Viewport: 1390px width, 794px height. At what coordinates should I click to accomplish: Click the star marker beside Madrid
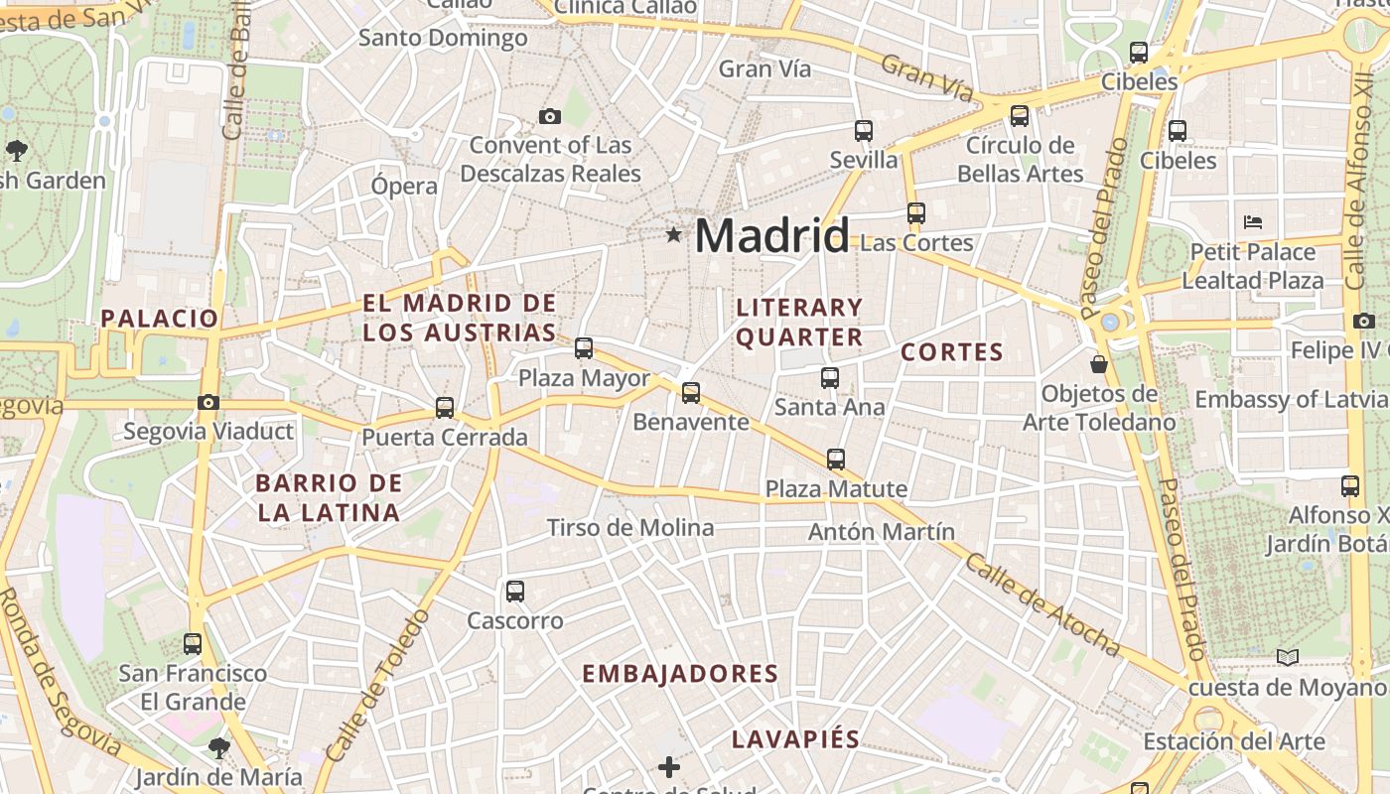pos(674,235)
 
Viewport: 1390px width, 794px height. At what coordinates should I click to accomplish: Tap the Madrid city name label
pos(771,236)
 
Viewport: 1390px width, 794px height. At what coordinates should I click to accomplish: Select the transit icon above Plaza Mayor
pos(584,348)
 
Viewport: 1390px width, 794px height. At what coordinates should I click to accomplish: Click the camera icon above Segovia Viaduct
pos(208,402)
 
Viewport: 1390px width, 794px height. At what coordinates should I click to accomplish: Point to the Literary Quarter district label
pos(799,323)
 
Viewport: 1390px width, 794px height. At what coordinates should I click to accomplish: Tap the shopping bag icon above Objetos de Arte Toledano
pos(1099,364)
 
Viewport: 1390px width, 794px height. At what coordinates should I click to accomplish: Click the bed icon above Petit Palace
pos(1253,221)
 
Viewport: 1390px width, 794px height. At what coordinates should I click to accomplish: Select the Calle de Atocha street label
pos(1042,605)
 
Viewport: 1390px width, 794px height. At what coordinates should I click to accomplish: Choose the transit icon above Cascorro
pos(514,592)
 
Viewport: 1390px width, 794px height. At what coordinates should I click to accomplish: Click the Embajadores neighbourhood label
pos(680,674)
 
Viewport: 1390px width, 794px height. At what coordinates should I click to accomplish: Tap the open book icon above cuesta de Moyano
pos(1288,657)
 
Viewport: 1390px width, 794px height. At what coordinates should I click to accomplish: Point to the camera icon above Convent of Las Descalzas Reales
pos(549,116)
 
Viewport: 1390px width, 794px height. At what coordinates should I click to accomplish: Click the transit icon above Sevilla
pos(864,130)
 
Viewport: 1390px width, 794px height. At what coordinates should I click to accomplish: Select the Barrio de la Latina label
pos(329,498)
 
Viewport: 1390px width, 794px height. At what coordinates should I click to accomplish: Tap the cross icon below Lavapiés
pos(669,766)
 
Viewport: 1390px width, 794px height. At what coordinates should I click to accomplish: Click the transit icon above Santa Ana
pos(830,377)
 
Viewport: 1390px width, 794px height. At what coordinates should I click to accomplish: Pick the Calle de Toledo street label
pos(378,685)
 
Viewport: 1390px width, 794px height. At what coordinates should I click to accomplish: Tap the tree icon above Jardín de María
pos(218,747)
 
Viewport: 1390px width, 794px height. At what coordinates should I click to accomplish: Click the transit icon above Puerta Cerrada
pos(445,407)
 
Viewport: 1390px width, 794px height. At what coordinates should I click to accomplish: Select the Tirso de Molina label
pos(630,527)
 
